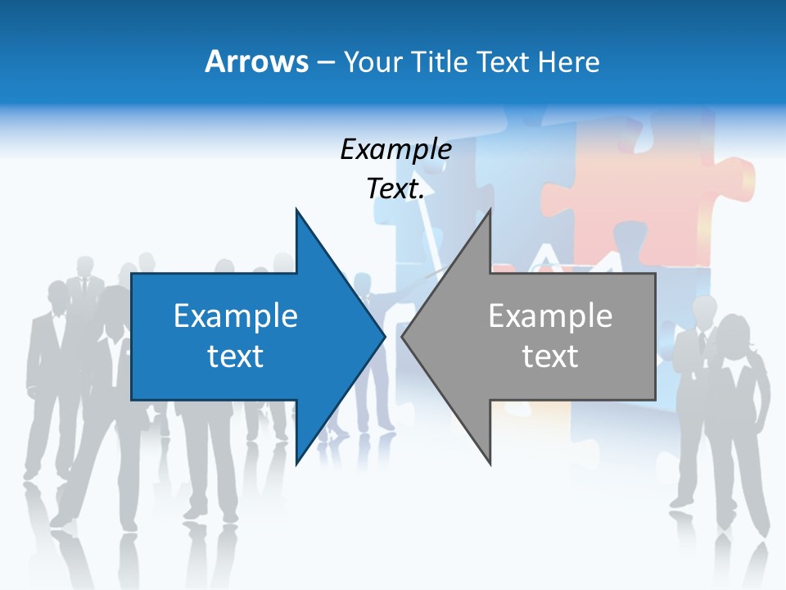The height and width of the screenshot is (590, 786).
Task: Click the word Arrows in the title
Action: coord(256,61)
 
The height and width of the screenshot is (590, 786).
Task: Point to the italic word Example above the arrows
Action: coord(395,150)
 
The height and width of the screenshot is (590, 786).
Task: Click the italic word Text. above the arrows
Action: coord(395,189)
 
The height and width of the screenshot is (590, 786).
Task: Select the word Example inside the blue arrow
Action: coord(236,315)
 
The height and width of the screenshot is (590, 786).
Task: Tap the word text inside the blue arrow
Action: coord(236,356)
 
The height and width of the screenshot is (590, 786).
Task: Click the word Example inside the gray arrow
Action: coord(550,315)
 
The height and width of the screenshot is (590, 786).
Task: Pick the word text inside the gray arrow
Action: coord(550,356)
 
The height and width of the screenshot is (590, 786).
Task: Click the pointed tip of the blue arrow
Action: coord(384,336)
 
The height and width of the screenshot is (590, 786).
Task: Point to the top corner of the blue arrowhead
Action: coord(296,211)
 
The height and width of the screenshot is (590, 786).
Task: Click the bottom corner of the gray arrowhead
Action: coord(490,463)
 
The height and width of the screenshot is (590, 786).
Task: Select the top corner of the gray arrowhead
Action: coord(490,211)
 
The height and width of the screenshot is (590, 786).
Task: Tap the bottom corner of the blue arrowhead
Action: coord(296,463)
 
